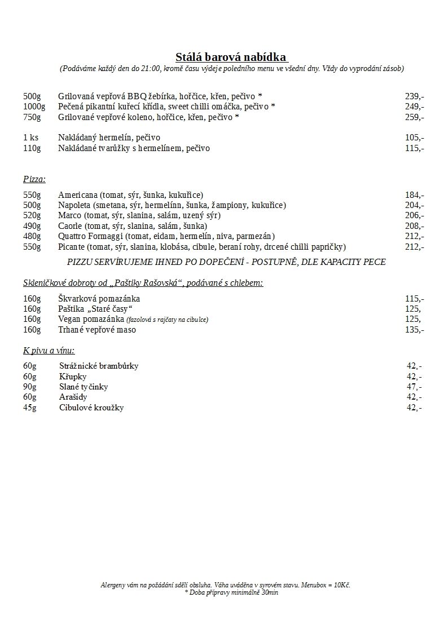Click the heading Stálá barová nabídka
(231, 57)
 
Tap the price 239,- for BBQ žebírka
(414, 96)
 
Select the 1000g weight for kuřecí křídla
(34, 107)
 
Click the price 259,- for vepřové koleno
(414, 117)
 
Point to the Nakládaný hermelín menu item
(109, 138)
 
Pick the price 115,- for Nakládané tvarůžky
(414, 148)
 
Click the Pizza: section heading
(34, 179)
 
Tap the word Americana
(78, 194)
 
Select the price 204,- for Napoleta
(414, 205)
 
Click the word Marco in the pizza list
(69, 215)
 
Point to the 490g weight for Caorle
(32, 226)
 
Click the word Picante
(72, 247)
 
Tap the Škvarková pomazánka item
(99, 299)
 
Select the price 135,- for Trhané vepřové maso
(414, 330)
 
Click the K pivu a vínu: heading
(49, 351)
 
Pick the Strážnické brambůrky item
(99, 366)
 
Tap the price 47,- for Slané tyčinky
(414, 387)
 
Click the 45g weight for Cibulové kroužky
(30, 408)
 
